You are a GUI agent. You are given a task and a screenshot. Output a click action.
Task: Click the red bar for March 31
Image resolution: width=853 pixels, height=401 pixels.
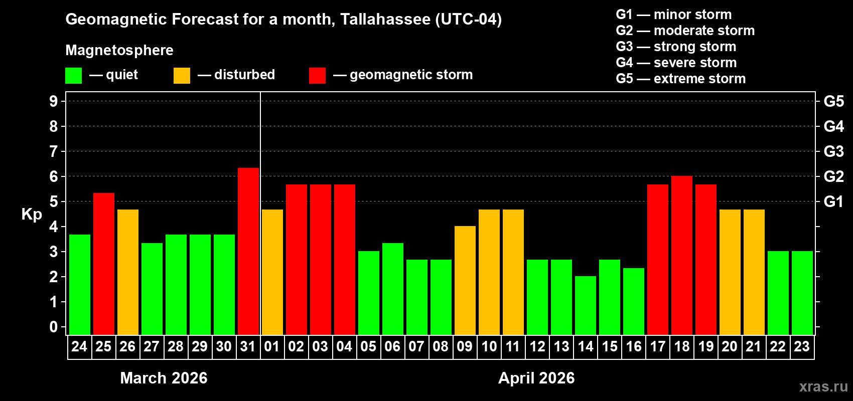248,251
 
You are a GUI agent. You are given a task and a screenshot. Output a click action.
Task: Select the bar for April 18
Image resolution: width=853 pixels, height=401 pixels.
682,256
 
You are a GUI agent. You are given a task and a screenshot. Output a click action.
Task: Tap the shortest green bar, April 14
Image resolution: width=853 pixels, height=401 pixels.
586,305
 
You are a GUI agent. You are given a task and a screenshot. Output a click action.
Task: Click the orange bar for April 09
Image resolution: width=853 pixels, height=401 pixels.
465,280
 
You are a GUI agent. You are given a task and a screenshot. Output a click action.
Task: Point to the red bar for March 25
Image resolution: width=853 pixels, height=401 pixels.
104,264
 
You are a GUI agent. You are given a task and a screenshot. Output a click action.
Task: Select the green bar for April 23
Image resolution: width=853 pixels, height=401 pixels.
802,293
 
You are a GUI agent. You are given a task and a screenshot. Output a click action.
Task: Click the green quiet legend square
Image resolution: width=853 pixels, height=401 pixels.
74,76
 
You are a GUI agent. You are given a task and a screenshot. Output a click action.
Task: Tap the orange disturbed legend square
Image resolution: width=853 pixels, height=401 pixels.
182,76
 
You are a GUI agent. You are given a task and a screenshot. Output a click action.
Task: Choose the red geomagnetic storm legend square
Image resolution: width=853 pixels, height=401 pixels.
317,76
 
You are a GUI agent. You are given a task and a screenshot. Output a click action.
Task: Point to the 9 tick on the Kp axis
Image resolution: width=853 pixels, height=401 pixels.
54,101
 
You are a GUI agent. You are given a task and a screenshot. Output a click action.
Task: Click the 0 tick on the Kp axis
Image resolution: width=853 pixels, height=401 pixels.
54,327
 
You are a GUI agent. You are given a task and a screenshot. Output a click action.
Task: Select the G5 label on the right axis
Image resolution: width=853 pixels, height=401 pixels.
833,101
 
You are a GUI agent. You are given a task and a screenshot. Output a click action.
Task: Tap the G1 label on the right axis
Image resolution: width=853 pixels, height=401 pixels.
833,202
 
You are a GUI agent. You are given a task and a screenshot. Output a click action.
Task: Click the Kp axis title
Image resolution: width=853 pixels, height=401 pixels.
32,214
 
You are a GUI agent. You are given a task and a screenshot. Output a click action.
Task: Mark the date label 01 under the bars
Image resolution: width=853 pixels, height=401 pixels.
272,346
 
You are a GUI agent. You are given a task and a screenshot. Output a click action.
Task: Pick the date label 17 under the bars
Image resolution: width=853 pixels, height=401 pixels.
657,346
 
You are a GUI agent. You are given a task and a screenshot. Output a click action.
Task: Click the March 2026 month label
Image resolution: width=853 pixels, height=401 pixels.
164,378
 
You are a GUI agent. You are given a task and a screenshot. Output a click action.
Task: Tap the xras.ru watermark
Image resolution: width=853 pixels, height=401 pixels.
823,386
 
